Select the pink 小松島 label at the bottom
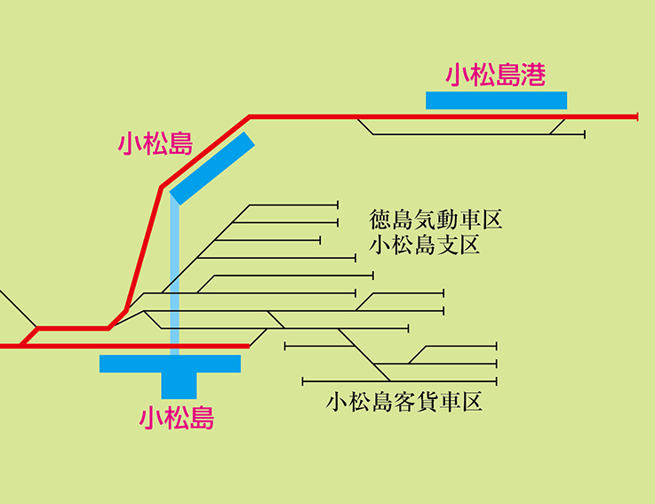pyautogui.click(x=177, y=417)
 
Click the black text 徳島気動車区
pyautogui.click(x=436, y=219)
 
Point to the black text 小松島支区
pyautogui.click(x=425, y=244)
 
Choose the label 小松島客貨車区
pyautogui.click(x=403, y=403)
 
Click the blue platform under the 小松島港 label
pyautogui.click(x=496, y=100)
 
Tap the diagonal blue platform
pyautogui.click(x=212, y=169)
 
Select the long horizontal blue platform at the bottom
pyautogui.click(x=170, y=364)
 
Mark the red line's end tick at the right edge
pyautogui.click(x=637, y=116)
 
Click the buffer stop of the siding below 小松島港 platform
pyautogui.click(x=585, y=135)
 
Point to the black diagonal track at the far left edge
pyautogui.click(x=16, y=307)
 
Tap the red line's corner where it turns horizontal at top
pyautogui.click(x=250, y=116)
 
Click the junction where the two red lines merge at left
pyautogui.click(x=36, y=329)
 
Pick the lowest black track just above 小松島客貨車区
pyautogui.click(x=399, y=381)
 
